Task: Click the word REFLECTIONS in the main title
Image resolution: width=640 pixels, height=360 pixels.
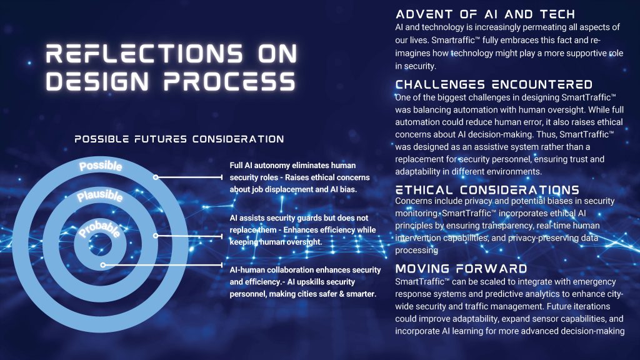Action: point(144,54)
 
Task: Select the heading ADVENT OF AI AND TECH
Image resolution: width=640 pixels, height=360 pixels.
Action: point(485,14)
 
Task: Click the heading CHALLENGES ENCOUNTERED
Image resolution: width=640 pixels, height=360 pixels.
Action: point(494,84)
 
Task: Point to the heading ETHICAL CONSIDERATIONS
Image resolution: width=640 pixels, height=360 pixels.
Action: point(487,190)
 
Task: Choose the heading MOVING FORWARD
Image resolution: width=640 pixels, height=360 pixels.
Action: point(461,268)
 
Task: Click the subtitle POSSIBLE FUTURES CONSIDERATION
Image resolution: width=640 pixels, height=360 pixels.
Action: point(179,139)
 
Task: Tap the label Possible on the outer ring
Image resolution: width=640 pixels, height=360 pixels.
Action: point(101,166)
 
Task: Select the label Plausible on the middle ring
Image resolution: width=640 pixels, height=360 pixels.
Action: point(100,196)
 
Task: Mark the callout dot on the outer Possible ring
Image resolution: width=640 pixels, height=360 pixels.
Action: point(156,177)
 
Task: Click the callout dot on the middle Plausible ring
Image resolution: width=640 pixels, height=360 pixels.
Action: point(156,236)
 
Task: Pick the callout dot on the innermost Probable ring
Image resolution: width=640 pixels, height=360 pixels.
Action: point(103,265)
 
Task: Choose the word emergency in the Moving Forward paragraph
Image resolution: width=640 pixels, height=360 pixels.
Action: point(594,282)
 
